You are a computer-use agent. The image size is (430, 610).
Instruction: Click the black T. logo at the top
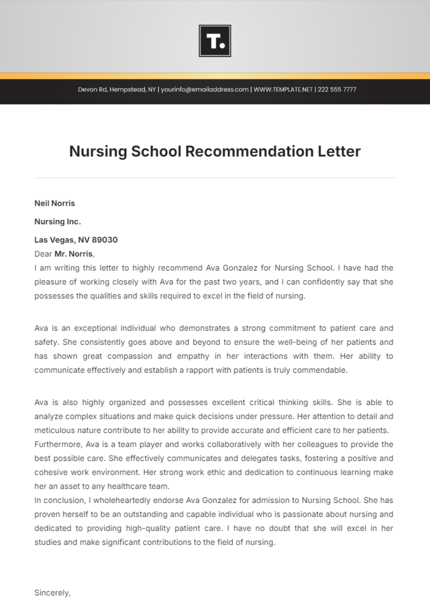pos(215,41)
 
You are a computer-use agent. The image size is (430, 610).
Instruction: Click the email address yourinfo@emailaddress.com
pos(205,89)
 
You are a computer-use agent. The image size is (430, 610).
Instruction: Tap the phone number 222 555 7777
pos(337,89)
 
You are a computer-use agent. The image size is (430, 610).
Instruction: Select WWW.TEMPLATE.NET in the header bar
pos(283,89)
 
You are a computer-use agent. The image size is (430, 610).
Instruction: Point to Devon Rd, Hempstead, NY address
pos(117,89)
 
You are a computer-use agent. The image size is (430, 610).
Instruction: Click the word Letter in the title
pos(339,151)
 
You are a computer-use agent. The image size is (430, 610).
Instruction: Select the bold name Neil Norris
pos(54,203)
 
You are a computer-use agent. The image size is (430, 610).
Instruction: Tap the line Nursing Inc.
pos(57,222)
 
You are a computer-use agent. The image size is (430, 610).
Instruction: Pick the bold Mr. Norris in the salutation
pos(73,254)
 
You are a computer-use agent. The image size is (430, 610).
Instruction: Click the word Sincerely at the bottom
pos(52,593)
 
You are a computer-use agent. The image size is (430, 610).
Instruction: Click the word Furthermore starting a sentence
pos(59,444)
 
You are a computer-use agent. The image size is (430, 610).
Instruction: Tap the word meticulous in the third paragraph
pos(54,430)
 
